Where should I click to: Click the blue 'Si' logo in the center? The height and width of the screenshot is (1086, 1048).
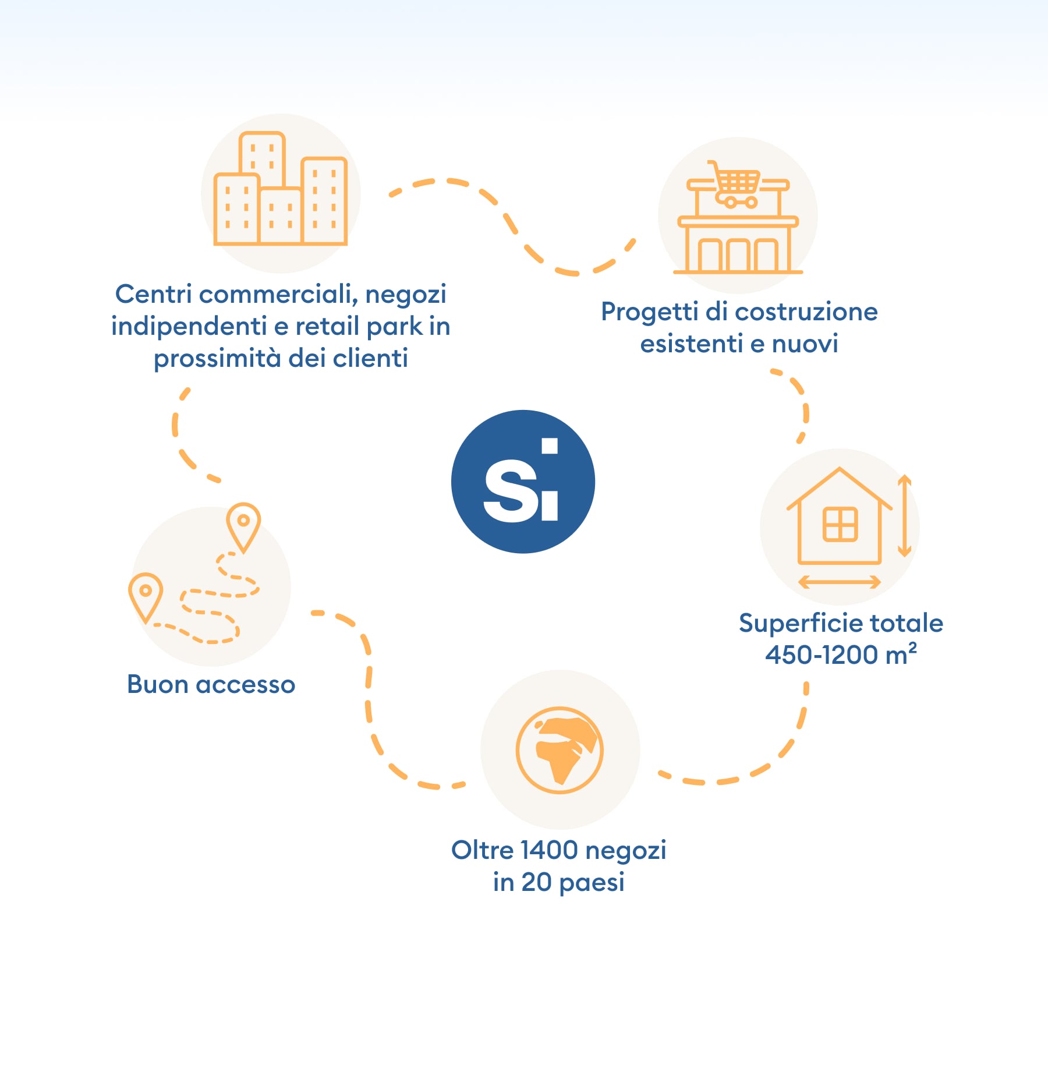point(523,482)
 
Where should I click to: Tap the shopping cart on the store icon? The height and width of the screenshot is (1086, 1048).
point(735,184)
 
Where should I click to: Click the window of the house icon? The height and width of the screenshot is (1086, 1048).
point(840,524)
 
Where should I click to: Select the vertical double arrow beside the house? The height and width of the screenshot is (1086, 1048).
point(904,515)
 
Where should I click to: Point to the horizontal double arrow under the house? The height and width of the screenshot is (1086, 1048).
point(839,582)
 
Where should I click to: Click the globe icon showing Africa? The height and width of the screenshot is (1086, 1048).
point(560,750)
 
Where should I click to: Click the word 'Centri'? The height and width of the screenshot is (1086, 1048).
point(154,294)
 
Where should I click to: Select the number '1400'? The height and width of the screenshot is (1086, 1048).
point(549,851)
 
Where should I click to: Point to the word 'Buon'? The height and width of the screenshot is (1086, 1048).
point(157,685)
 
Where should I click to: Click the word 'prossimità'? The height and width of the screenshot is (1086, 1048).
point(217,359)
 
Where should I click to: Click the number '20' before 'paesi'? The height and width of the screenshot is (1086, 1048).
point(536,883)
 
